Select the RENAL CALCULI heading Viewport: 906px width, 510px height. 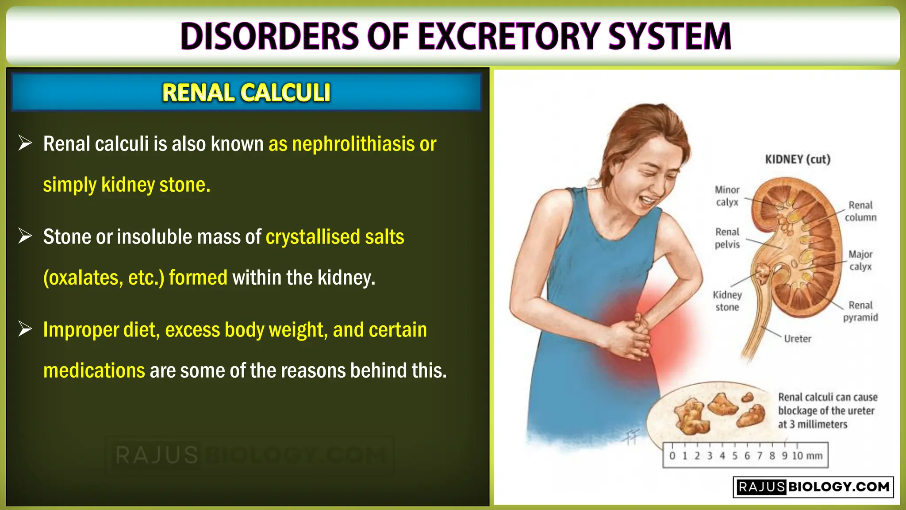pos(246,93)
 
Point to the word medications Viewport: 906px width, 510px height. pos(94,371)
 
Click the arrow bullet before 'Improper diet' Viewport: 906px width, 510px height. pos(25,329)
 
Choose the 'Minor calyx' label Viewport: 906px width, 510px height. pos(727,196)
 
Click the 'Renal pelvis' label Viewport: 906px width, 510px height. pos(727,238)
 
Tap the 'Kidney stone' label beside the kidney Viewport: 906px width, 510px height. pos(727,301)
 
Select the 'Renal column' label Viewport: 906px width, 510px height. pos(860,211)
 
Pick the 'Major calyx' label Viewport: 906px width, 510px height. pos(860,260)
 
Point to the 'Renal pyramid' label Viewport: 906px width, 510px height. pos(860,311)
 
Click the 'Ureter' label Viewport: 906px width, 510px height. pos(797,339)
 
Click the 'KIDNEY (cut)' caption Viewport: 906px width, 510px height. pos(797,159)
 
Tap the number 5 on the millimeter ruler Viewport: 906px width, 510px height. pos(734,456)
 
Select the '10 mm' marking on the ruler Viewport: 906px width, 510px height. pos(806,456)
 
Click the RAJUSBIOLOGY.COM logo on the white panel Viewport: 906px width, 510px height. pos(813,487)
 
